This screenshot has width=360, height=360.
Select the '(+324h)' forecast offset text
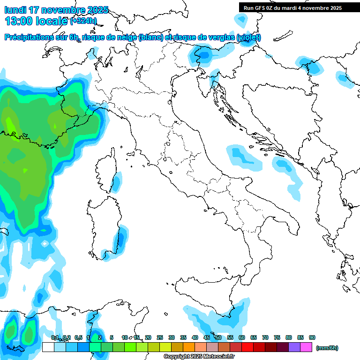(x=83, y=21)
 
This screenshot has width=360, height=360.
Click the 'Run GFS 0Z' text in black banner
(x=260, y=8)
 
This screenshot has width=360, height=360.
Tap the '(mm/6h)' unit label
(x=327, y=348)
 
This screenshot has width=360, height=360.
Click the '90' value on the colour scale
(x=312, y=337)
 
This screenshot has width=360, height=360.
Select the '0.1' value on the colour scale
(x=55, y=337)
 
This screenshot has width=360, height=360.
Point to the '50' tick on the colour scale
(x=218, y=337)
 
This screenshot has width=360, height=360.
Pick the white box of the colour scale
(x=48, y=347)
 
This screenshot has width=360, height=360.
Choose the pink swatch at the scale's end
(x=306, y=347)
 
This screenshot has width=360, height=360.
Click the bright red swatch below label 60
(x=247, y=347)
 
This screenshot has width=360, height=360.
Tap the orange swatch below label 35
(x=189, y=347)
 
